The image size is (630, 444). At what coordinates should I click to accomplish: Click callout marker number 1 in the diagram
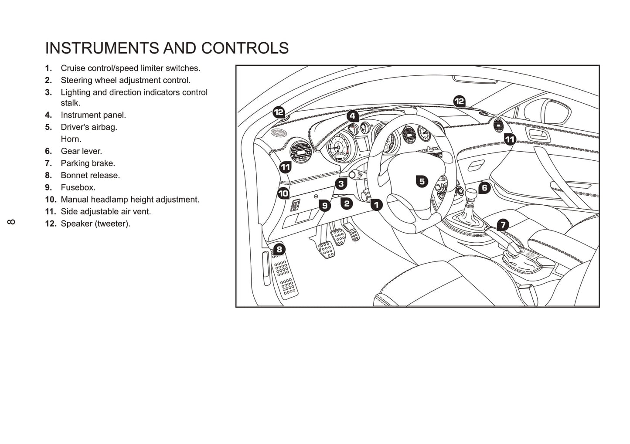pos(376,204)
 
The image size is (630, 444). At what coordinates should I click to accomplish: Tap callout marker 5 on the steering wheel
pos(422,181)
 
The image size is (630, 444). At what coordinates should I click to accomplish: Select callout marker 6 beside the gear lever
pos(484,188)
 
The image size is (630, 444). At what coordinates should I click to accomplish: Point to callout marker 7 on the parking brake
pos(503,225)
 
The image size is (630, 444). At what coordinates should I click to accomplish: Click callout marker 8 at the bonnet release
pos(279,250)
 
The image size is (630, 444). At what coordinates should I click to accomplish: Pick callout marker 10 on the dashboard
pos(283,193)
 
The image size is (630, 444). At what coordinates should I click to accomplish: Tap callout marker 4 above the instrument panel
pos(353,116)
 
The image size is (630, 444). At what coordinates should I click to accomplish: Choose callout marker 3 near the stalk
pos(341,184)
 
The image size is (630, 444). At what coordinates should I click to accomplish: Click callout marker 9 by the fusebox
pos(324,205)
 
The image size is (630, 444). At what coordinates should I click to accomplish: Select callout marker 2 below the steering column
pos(347,203)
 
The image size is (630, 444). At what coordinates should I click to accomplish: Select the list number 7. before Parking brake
pos(48,163)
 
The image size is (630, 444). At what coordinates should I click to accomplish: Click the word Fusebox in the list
pos(78,187)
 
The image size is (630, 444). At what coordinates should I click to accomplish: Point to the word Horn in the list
pos(71,139)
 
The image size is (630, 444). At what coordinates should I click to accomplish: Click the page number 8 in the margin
pos(11,222)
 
